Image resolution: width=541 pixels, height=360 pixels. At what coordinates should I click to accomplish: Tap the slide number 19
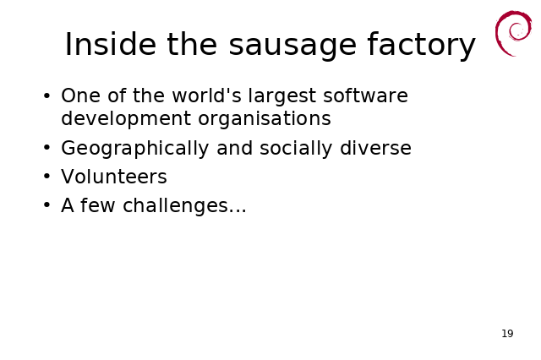pos(507,334)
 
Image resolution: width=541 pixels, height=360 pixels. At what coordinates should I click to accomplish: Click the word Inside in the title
pos(111,44)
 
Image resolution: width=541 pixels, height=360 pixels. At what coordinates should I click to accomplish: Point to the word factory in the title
pos(421,46)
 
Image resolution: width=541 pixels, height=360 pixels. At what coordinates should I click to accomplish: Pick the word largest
pos(281,97)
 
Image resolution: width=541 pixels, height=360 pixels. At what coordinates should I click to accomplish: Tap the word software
pos(365,95)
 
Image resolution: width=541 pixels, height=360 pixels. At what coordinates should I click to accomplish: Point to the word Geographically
pos(135,149)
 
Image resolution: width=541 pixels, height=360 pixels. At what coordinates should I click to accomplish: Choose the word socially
pos(296,149)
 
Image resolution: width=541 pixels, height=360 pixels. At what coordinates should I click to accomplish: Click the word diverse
pos(375,148)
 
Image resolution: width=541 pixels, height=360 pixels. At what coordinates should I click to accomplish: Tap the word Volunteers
pos(114,177)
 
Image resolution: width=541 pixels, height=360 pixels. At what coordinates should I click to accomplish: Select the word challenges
pos(175,205)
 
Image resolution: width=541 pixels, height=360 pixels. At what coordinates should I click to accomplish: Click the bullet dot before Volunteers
pos(47,177)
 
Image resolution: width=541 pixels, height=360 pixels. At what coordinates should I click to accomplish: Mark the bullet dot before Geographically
pos(47,148)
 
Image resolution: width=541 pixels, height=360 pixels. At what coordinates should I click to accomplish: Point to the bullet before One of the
pos(47,95)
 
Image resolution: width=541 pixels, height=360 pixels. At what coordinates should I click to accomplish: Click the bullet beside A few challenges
pos(47,205)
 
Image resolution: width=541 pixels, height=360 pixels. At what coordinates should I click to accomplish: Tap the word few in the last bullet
pos(98,205)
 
